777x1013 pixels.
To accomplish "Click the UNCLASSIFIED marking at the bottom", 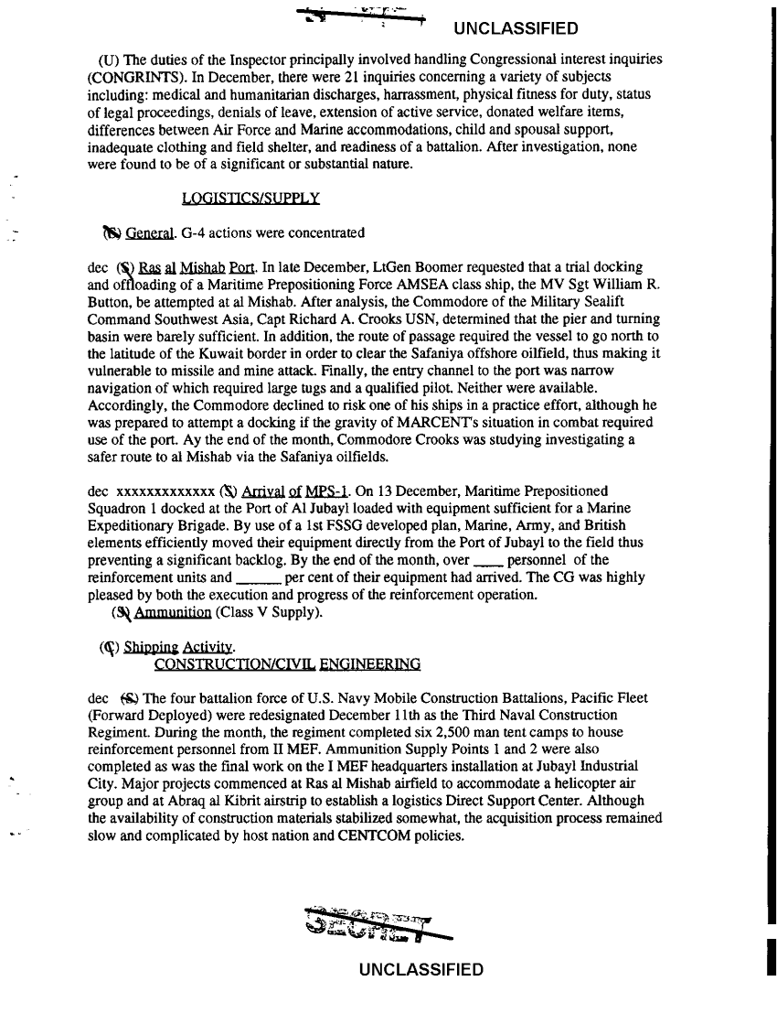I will point(421,970).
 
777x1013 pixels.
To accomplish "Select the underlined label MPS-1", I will point(315,491).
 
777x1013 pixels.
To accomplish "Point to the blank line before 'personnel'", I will point(485,561).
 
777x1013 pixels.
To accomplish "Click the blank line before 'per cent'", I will point(258,578).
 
